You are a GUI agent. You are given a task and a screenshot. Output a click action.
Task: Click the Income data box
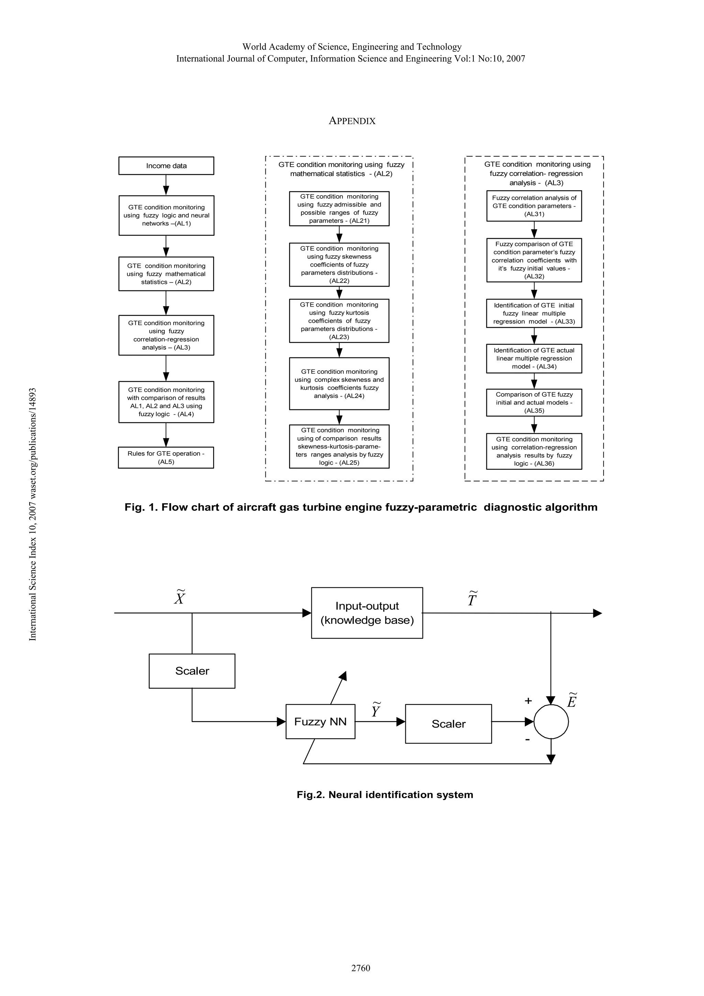166,166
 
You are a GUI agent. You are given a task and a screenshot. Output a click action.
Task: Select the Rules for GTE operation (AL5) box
166,458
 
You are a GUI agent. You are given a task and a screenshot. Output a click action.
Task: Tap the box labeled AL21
339,209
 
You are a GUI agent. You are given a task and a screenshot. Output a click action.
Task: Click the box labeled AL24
339,384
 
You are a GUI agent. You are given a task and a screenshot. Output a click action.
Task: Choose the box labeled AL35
534,402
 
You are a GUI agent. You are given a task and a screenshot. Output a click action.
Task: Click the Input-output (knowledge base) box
367,613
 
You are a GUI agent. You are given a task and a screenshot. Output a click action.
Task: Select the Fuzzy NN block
320,721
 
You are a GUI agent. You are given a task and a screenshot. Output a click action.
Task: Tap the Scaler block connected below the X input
192,671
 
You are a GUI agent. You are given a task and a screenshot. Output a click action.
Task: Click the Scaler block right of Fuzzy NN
448,723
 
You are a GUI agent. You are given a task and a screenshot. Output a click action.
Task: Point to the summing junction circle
551,722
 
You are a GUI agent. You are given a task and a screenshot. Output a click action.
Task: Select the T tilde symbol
472,599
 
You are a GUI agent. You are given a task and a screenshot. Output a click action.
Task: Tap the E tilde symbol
572,700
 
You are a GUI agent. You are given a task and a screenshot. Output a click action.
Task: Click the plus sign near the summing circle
528,700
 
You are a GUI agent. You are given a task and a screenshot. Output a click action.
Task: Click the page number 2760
361,968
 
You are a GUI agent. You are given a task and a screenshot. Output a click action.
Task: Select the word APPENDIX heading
352,121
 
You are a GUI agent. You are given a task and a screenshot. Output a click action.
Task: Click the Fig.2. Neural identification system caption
385,795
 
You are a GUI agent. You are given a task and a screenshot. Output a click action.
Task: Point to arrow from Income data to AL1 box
166,185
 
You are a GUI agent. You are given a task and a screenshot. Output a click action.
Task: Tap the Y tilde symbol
376,710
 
